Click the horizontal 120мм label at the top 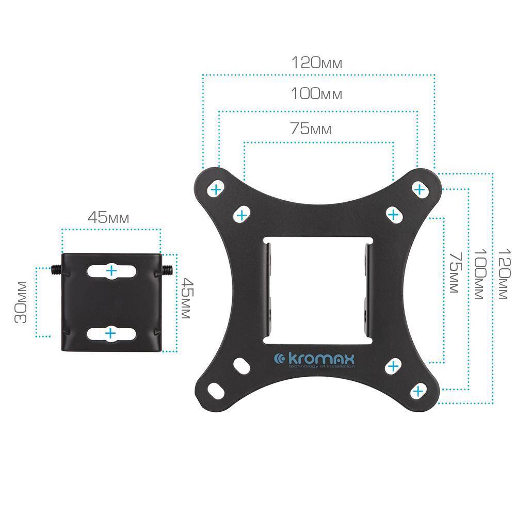(x=317, y=62)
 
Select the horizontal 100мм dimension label (x=317, y=94)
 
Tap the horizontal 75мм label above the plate (x=311, y=128)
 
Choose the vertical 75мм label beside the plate (x=456, y=272)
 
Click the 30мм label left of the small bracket (x=21, y=302)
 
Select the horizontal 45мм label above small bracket (x=108, y=218)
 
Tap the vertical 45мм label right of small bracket (x=187, y=298)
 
